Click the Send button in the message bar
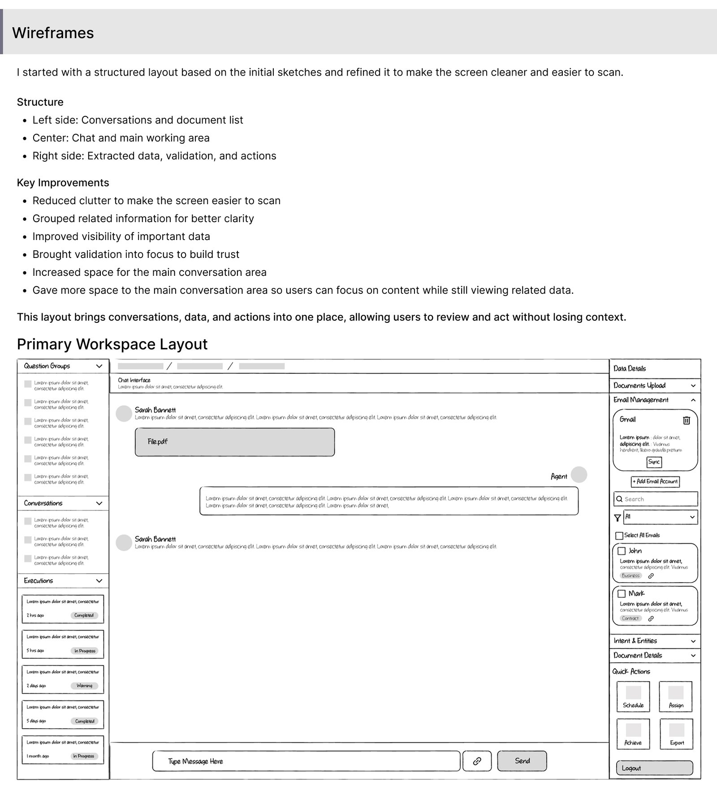(x=522, y=761)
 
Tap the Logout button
(x=654, y=768)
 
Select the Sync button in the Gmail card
(x=654, y=462)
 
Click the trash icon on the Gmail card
(x=687, y=420)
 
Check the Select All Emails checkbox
(x=619, y=536)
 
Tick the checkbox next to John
(x=622, y=551)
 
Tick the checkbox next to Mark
(x=622, y=593)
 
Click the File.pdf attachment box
(x=235, y=442)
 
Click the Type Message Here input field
(x=306, y=761)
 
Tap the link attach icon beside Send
(x=477, y=761)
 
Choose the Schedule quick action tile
(x=633, y=696)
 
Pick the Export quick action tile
(x=677, y=734)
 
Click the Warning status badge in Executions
(x=84, y=686)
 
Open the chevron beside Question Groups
(x=99, y=366)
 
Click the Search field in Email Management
(x=656, y=499)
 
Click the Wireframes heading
(x=53, y=33)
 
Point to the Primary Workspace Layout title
(x=112, y=344)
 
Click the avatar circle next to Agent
(x=579, y=475)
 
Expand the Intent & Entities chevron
(x=693, y=641)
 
